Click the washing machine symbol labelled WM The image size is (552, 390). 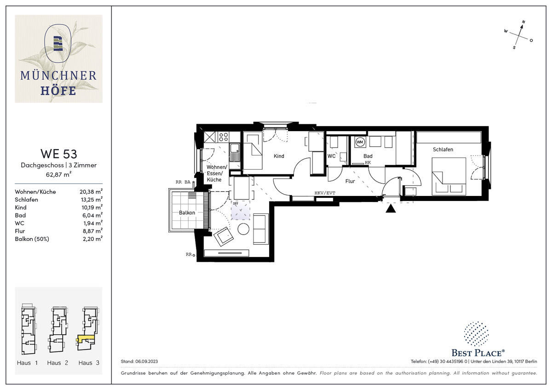coord(360,142)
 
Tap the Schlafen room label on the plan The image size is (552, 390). coord(443,149)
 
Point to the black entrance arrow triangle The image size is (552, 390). coord(391,208)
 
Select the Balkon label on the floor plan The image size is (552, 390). coord(187,212)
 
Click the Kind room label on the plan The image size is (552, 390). coord(279,156)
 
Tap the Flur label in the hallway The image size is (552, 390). coord(350,181)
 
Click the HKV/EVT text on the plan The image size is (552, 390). coord(325,193)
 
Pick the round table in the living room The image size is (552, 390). coord(244,229)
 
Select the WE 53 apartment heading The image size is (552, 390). coord(59,154)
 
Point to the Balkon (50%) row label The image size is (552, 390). coord(32,239)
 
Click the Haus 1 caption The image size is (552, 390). coord(27,363)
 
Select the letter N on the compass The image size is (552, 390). coord(523,22)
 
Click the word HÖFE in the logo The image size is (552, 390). coord(58,91)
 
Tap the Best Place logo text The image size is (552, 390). coord(478,353)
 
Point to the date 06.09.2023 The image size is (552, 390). coord(146,361)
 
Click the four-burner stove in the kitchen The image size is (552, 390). coord(224,137)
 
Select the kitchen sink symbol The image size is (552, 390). coord(235,152)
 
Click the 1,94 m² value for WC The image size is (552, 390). coord(92,223)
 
